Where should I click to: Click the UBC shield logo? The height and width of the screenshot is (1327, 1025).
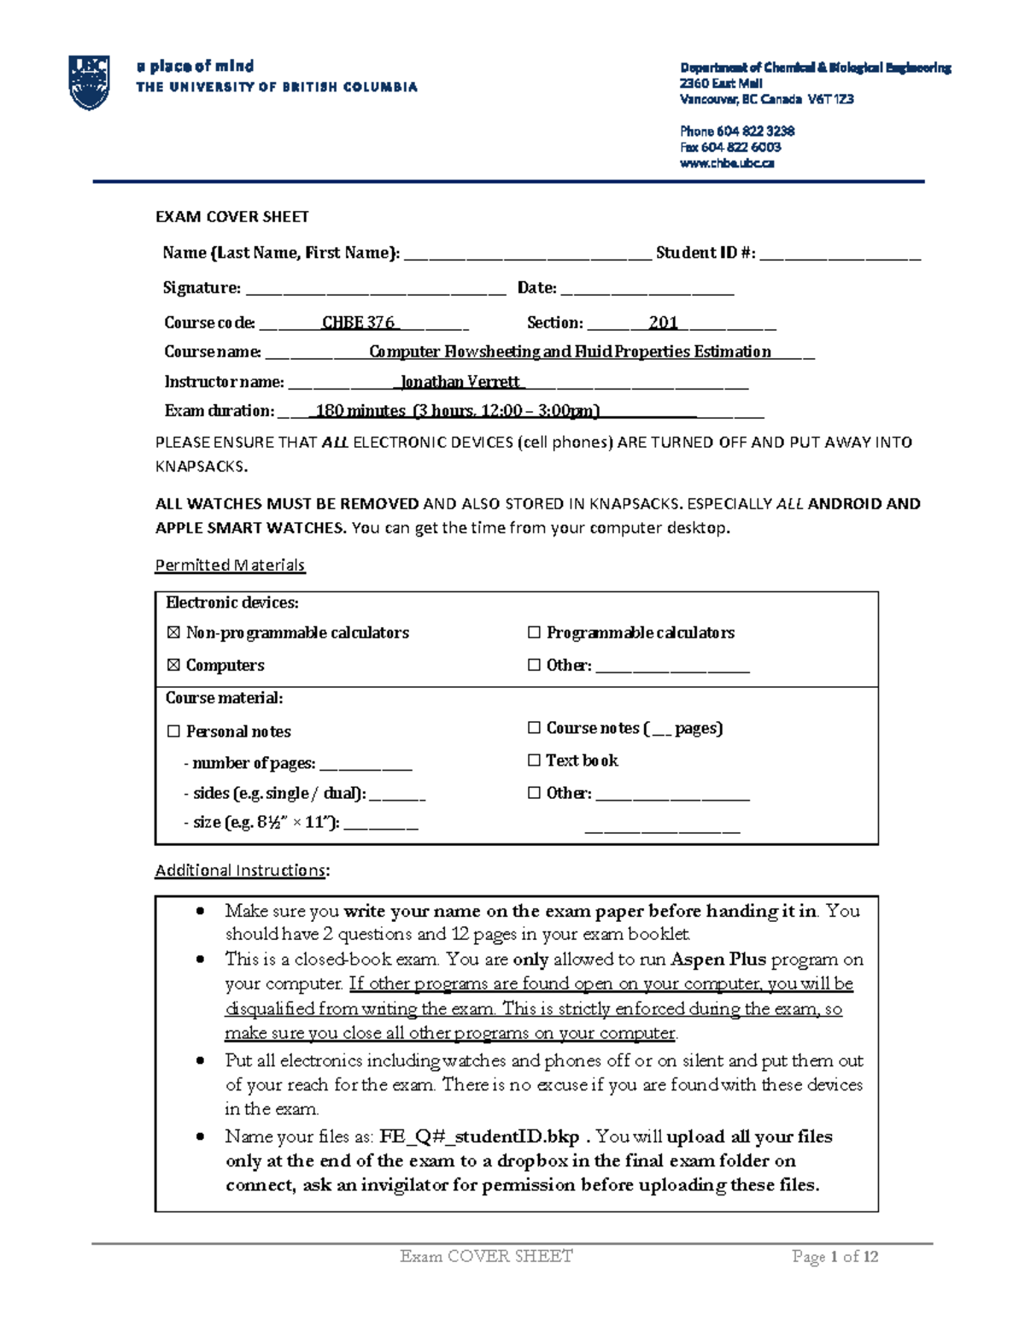[89, 83]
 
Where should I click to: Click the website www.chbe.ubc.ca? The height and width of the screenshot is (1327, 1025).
[727, 163]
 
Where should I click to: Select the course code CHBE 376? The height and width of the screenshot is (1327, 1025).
[358, 323]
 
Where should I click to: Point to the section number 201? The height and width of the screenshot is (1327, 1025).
[663, 323]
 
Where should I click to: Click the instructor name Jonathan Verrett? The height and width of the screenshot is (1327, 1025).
[461, 382]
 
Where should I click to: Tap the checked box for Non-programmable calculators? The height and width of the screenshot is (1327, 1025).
[173, 633]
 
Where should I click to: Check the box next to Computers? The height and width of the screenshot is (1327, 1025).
[173, 666]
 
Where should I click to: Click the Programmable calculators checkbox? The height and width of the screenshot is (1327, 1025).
[534, 633]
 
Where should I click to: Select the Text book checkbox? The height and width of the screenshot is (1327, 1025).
[534, 760]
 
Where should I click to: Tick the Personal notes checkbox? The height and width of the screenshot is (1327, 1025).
[173, 731]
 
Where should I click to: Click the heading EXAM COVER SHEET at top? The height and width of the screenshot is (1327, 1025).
[231, 217]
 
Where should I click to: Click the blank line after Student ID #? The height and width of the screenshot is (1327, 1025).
[840, 255]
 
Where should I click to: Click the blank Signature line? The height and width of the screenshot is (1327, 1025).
[376, 290]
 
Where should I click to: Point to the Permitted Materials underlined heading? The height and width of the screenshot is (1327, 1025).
[230, 566]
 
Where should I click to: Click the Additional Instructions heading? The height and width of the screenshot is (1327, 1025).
[240, 871]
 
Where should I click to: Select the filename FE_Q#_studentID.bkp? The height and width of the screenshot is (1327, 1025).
[479, 1137]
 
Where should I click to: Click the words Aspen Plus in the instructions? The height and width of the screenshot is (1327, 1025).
[717, 960]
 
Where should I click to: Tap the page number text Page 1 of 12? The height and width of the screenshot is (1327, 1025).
[835, 1257]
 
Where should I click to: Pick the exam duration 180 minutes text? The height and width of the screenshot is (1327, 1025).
[360, 411]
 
